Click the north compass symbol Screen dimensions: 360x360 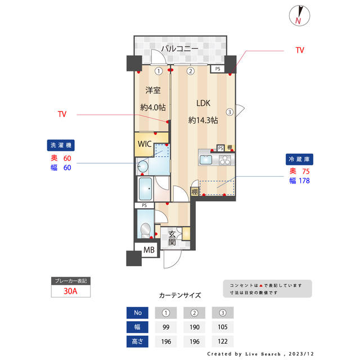click(299, 15)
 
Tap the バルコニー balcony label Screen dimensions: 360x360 click(179, 49)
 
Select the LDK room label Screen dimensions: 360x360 click(203, 103)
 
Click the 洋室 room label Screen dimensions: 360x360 click(153, 90)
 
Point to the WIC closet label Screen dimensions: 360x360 click(144, 143)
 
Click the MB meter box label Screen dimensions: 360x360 click(148, 250)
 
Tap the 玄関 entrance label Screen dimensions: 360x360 click(172, 238)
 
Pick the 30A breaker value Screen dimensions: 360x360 click(70, 291)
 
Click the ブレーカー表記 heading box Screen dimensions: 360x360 click(70, 280)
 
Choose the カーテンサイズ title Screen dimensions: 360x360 click(179, 295)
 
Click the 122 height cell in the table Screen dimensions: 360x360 click(222, 341)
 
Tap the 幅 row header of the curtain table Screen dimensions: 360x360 click(137, 327)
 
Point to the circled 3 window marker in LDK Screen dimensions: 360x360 click(229, 111)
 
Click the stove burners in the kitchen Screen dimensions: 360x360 click(224, 160)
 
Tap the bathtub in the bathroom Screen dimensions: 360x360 click(146, 188)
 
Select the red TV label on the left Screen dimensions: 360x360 click(62, 114)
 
